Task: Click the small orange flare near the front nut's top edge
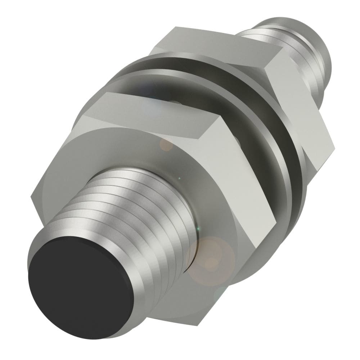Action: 166,145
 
